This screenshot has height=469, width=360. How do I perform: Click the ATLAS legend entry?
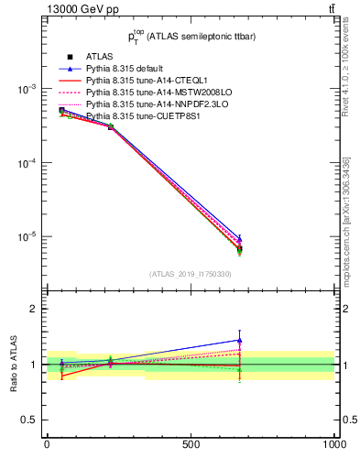pos(98,57)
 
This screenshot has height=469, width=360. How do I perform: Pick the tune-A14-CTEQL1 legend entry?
pos(138,81)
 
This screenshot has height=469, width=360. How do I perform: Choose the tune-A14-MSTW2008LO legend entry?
pos(147,93)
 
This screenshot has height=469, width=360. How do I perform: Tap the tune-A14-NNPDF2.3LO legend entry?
pos(147,104)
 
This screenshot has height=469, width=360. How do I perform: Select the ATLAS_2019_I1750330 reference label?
pos(191,274)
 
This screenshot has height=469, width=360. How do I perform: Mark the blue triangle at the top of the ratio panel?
pos(239,340)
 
